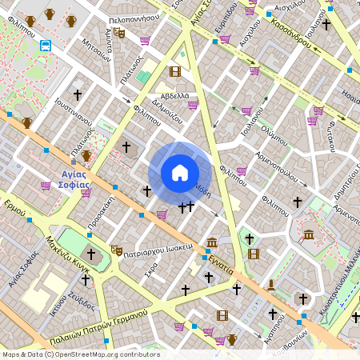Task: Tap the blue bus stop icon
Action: [45, 46]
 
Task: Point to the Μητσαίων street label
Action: [95, 57]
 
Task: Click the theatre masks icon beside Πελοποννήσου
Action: [119, 33]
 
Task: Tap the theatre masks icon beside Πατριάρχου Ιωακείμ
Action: [116, 250]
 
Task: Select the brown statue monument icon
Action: [271, 284]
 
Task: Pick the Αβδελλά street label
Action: [175, 96]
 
